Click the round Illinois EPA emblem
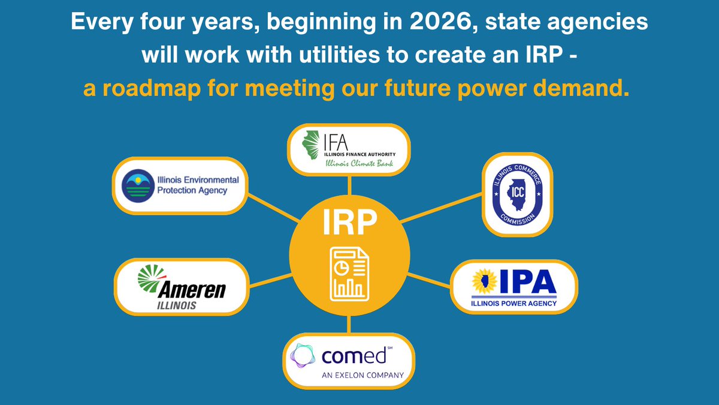pyautogui.click(x=139, y=185)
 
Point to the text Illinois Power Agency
pyautogui.click(x=514, y=303)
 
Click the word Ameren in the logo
pyautogui.click(x=192, y=290)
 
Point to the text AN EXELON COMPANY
pyautogui.click(x=362, y=376)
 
